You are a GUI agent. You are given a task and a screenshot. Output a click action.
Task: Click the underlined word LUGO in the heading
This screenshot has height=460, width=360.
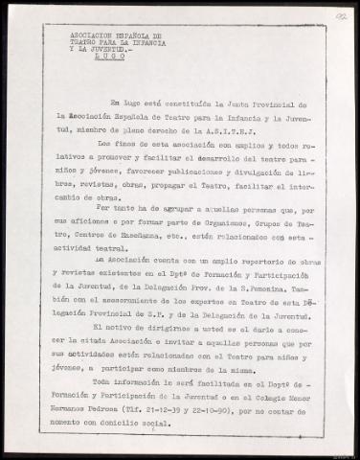tap(81, 56)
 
